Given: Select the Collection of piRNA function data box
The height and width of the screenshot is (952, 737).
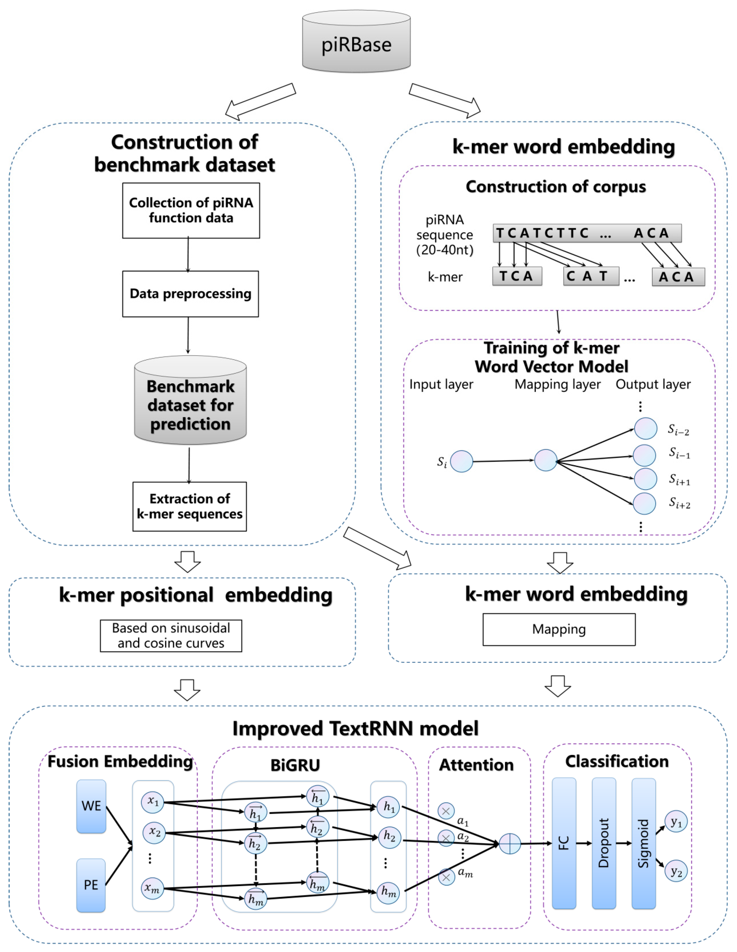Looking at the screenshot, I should click(x=191, y=210).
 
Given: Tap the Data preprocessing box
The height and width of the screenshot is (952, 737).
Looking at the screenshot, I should click(x=190, y=294).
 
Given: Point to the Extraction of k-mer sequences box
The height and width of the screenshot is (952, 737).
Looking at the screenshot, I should click(x=189, y=506).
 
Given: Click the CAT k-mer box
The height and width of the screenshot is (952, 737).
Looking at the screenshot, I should click(x=591, y=276).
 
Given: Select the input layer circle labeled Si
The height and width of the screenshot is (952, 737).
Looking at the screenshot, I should click(x=461, y=461).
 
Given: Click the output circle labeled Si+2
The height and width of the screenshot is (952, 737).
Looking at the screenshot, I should click(x=644, y=503).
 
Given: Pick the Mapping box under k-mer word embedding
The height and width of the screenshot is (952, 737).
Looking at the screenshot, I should click(x=559, y=629).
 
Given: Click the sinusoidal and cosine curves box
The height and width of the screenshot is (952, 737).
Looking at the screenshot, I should click(x=171, y=636).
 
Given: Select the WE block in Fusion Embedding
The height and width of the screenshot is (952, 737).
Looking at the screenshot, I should click(x=91, y=806).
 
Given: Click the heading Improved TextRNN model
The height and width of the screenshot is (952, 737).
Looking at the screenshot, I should click(x=355, y=728).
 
